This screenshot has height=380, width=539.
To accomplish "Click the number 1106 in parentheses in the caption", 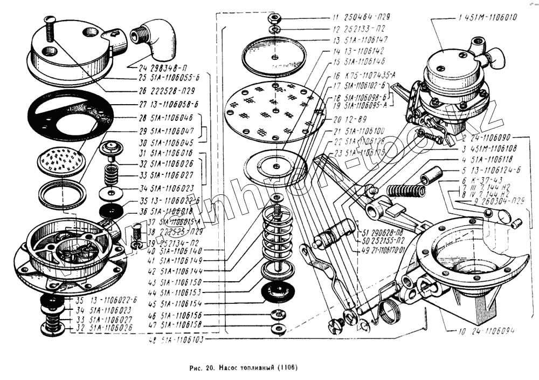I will (x=287, y=369).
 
